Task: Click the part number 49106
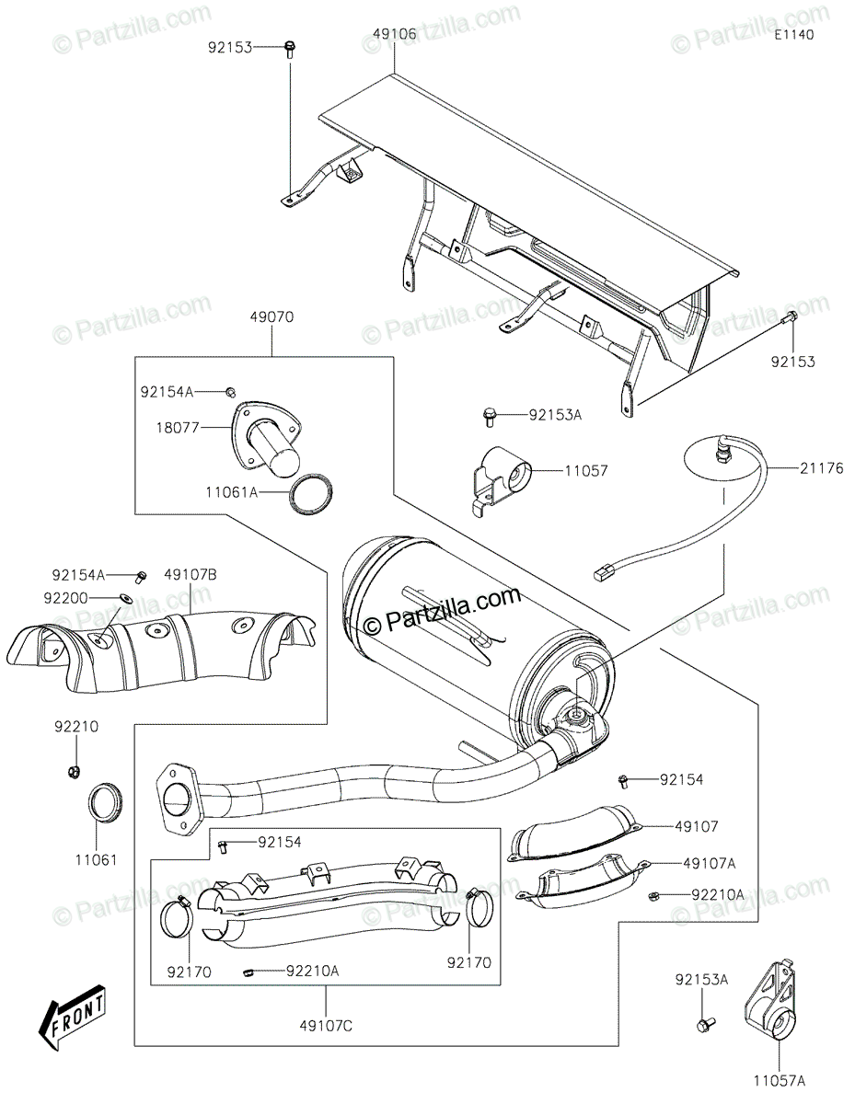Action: click(x=394, y=34)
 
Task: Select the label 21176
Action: click(x=795, y=469)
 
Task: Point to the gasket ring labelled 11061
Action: click(x=107, y=803)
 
